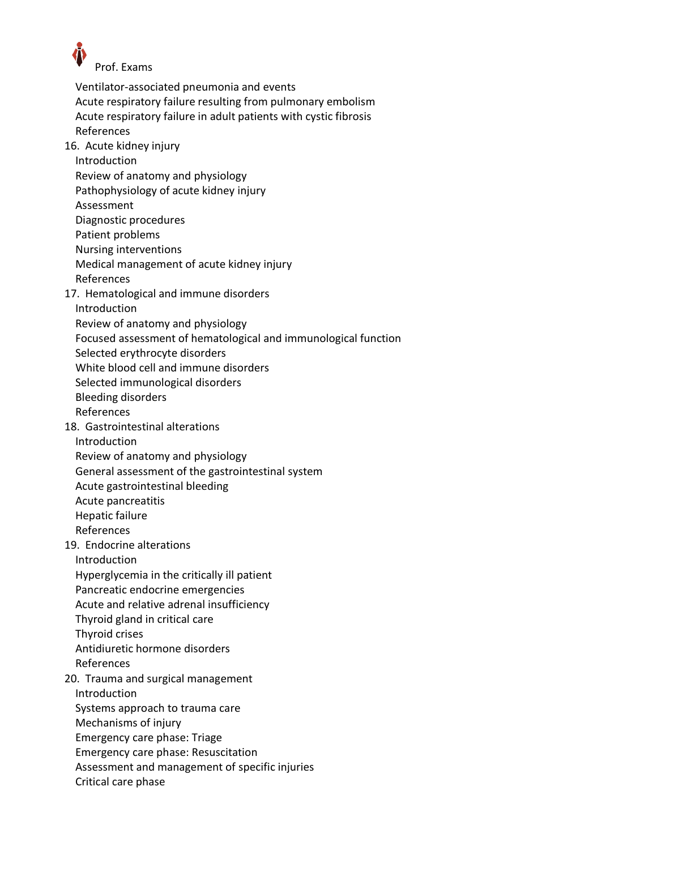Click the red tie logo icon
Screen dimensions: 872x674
coord(79,54)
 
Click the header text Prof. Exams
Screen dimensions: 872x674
coord(123,67)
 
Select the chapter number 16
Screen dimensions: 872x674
coord(71,146)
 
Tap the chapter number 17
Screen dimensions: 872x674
coord(71,294)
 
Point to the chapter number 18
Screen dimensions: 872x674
coord(71,427)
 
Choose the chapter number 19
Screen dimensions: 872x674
coord(71,545)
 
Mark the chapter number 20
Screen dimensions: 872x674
coord(71,679)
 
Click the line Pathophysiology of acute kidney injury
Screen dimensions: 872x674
coord(170,191)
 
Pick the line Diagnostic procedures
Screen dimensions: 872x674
coord(130,220)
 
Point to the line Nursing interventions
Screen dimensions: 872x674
coord(129,250)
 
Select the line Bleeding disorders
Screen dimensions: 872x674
coord(121,397)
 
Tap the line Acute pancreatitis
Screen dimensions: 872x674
coord(120,501)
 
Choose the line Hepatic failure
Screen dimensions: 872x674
coord(111,516)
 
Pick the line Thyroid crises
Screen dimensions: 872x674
coord(109,634)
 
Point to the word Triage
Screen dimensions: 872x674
coord(207,738)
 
